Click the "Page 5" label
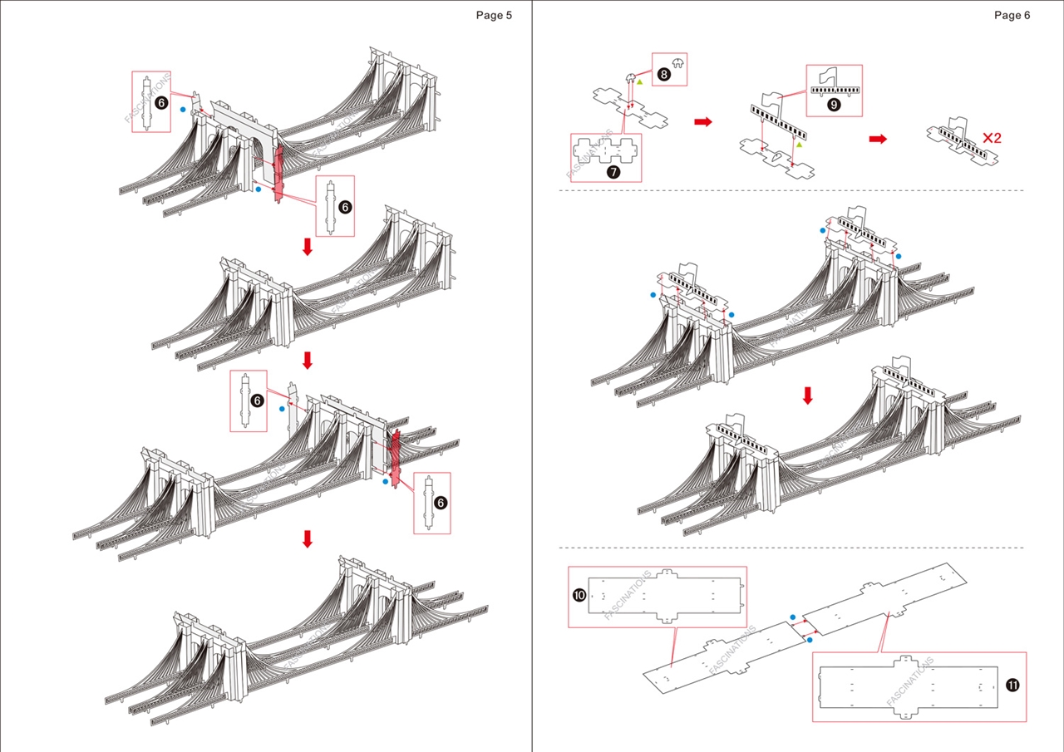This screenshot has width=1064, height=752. click(494, 15)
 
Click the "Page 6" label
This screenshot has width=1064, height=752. click(1012, 15)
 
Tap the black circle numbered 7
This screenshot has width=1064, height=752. click(613, 172)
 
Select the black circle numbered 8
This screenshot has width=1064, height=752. click(663, 74)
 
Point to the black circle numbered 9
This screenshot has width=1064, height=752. click(834, 105)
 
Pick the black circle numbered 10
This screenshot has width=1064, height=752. click(579, 595)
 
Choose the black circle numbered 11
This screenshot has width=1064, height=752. click(1012, 686)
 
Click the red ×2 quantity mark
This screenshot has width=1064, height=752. click(991, 138)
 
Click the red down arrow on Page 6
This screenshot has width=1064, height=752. click(807, 397)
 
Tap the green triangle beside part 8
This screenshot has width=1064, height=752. click(639, 82)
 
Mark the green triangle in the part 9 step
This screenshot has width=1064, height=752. click(799, 144)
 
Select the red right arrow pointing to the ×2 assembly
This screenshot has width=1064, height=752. click(878, 139)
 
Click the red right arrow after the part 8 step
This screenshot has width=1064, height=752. click(703, 122)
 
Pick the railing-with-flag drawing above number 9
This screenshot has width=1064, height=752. click(834, 82)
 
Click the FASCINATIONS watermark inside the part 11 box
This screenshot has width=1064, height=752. click(910, 682)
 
